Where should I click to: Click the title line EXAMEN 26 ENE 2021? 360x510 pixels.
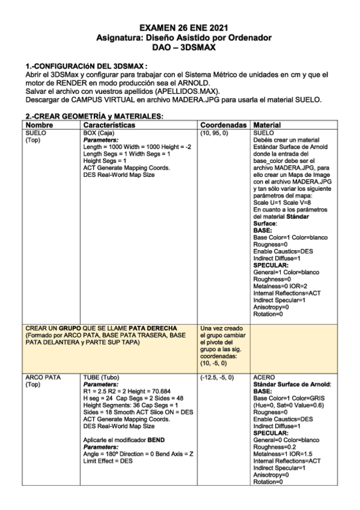(180, 28)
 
